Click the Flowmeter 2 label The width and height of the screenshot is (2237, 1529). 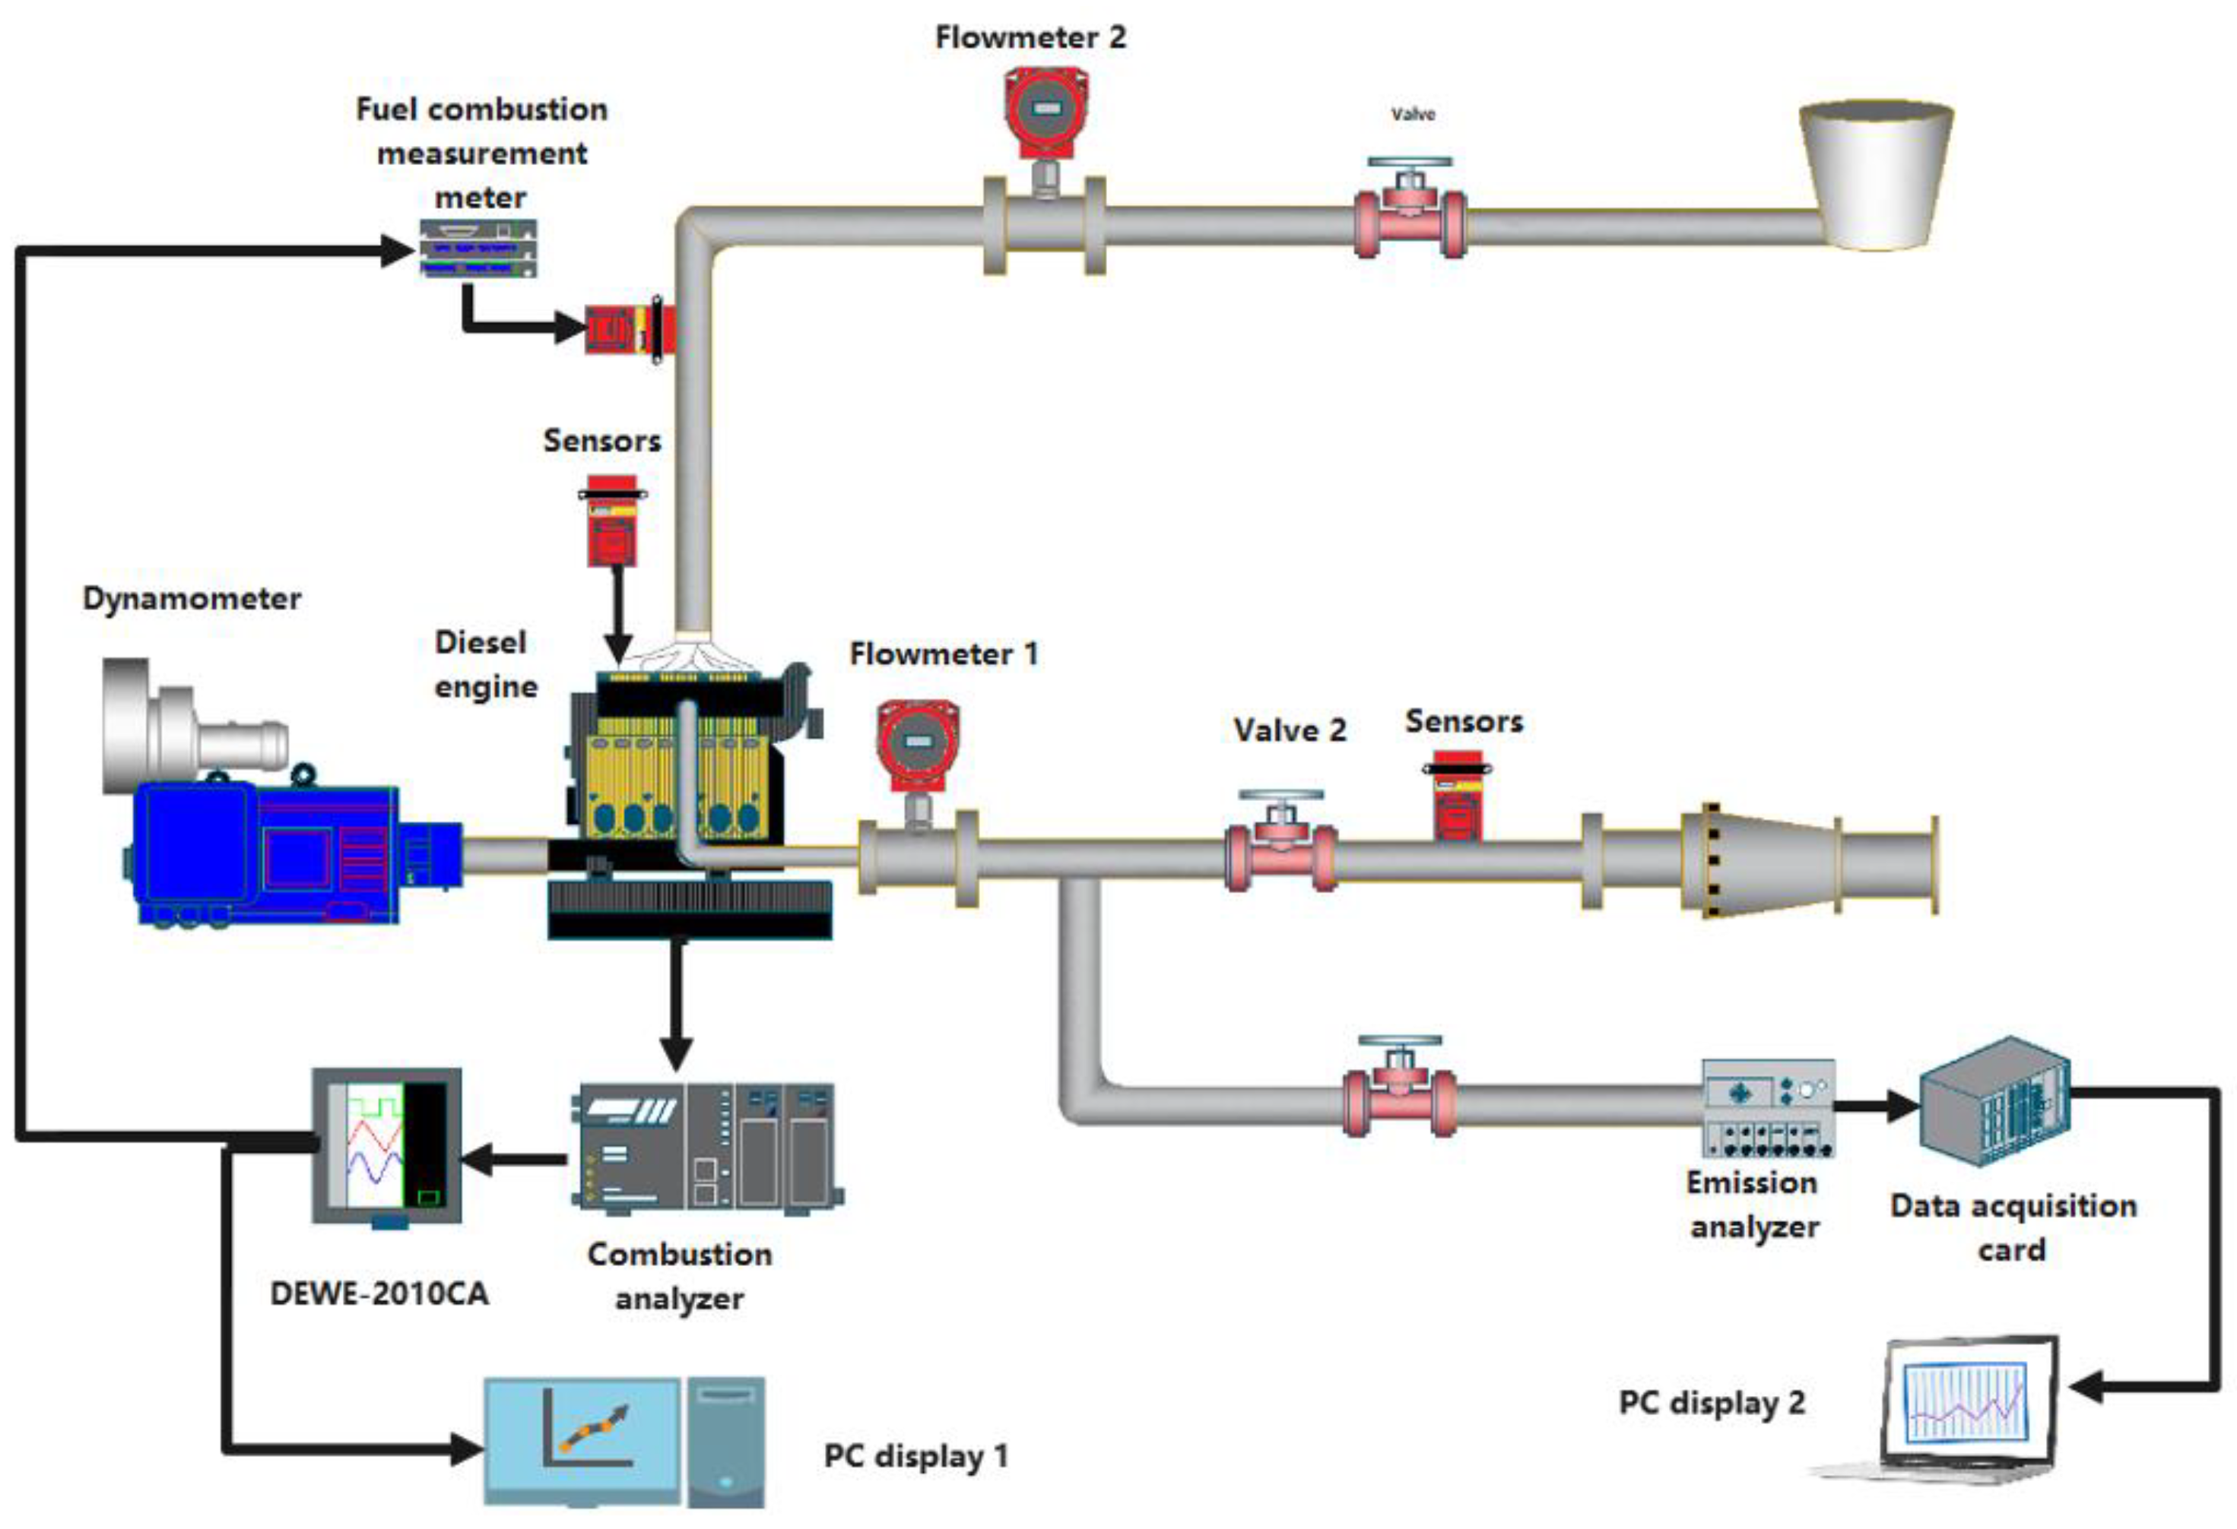pos(1030,37)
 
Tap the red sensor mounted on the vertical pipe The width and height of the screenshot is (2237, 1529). pos(626,329)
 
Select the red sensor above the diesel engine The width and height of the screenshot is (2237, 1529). pos(612,524)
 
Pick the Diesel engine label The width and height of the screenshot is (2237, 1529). pos(484,665)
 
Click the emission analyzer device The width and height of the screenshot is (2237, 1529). pos(1768,1107)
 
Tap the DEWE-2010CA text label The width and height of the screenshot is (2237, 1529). pos(379,1293)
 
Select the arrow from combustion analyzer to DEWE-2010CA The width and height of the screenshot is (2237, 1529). pos(514,1160)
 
